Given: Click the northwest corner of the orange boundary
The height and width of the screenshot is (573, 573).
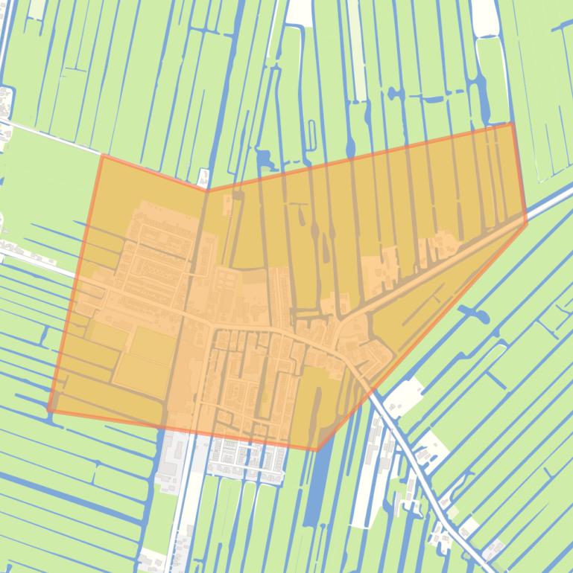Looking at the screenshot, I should coord(101,156).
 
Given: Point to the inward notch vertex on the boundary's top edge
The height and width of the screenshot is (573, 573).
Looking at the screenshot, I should coord(207,191).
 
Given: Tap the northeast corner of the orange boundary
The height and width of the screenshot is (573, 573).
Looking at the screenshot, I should coord(512,124).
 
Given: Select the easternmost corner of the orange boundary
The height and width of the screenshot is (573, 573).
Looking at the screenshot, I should coord(527,221).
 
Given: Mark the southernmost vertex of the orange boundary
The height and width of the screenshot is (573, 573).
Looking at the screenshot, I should coord(317,450).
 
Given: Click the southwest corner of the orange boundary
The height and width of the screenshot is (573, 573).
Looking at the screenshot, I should coord(49,410).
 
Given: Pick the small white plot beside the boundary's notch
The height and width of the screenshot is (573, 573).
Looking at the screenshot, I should coord(203,177).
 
